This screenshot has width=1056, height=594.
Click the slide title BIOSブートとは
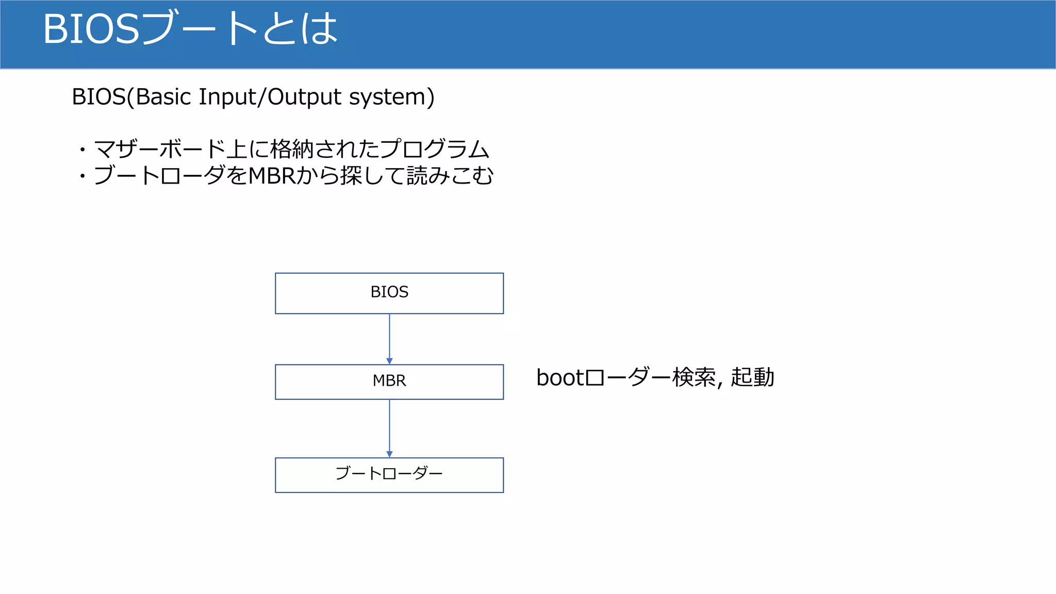coord(190,29)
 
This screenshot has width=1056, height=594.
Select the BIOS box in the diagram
coord(389,293)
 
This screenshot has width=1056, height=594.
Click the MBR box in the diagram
coord(389,382)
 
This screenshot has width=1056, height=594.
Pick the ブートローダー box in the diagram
coord(389,475)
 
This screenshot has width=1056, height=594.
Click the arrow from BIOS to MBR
coord(389,339)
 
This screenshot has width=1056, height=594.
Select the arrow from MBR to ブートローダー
coord(389,428)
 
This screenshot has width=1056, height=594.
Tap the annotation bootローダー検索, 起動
coord(655,377)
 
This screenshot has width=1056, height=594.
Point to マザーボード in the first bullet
coord(160,150)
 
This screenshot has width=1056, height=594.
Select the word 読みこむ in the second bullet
coord(450,176)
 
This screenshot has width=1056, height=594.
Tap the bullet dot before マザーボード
coord(82,150)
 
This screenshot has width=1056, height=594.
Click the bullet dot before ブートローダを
coord(82,176)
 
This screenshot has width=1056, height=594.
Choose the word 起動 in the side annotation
coord(752,377)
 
